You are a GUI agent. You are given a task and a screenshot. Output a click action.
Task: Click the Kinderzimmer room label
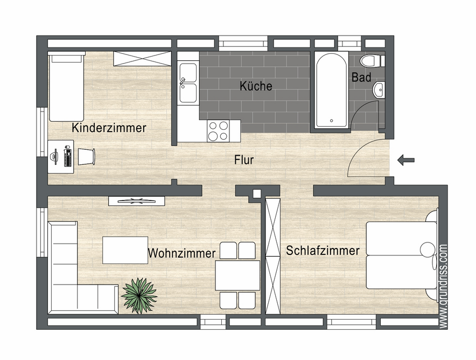point(109,128)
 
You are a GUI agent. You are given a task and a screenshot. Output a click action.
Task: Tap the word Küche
point(256,86)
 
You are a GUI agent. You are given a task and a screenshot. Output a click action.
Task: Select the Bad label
point(361,78)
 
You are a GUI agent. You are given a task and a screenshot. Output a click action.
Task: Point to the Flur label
point(243,160)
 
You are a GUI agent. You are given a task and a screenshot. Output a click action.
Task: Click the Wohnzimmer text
point(181,253)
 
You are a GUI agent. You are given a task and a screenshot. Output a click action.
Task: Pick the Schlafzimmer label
point(323,251)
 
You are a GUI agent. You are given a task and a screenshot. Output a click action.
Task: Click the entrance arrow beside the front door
point(406,160)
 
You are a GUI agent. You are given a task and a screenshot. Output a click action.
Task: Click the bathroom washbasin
point(380,89)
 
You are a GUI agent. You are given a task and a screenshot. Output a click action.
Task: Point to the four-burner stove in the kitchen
point(218,130)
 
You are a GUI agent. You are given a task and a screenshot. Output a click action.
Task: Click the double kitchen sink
point(188,82)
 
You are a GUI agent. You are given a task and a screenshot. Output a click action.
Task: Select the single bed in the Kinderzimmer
point(67,86)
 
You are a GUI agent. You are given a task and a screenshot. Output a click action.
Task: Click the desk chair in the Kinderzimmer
point(87,156)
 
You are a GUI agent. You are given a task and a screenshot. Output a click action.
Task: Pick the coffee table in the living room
point(125,250)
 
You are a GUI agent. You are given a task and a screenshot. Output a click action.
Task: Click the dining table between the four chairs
point(237,275)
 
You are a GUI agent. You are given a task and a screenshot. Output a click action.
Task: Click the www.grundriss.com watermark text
point(443,286)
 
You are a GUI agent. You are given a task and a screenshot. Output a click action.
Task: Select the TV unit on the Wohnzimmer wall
point(136,201)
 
